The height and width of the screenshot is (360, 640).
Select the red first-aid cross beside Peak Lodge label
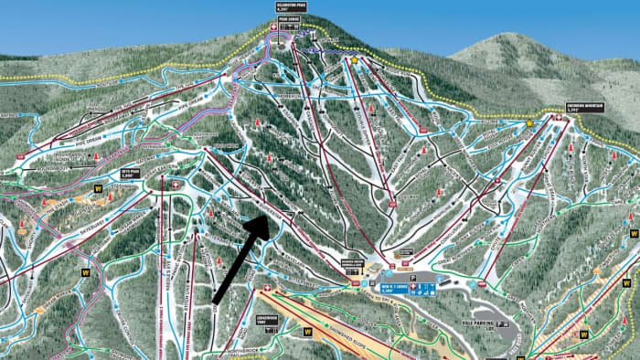click(272, 26)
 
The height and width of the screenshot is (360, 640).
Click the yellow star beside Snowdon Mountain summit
click(529, 122)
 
